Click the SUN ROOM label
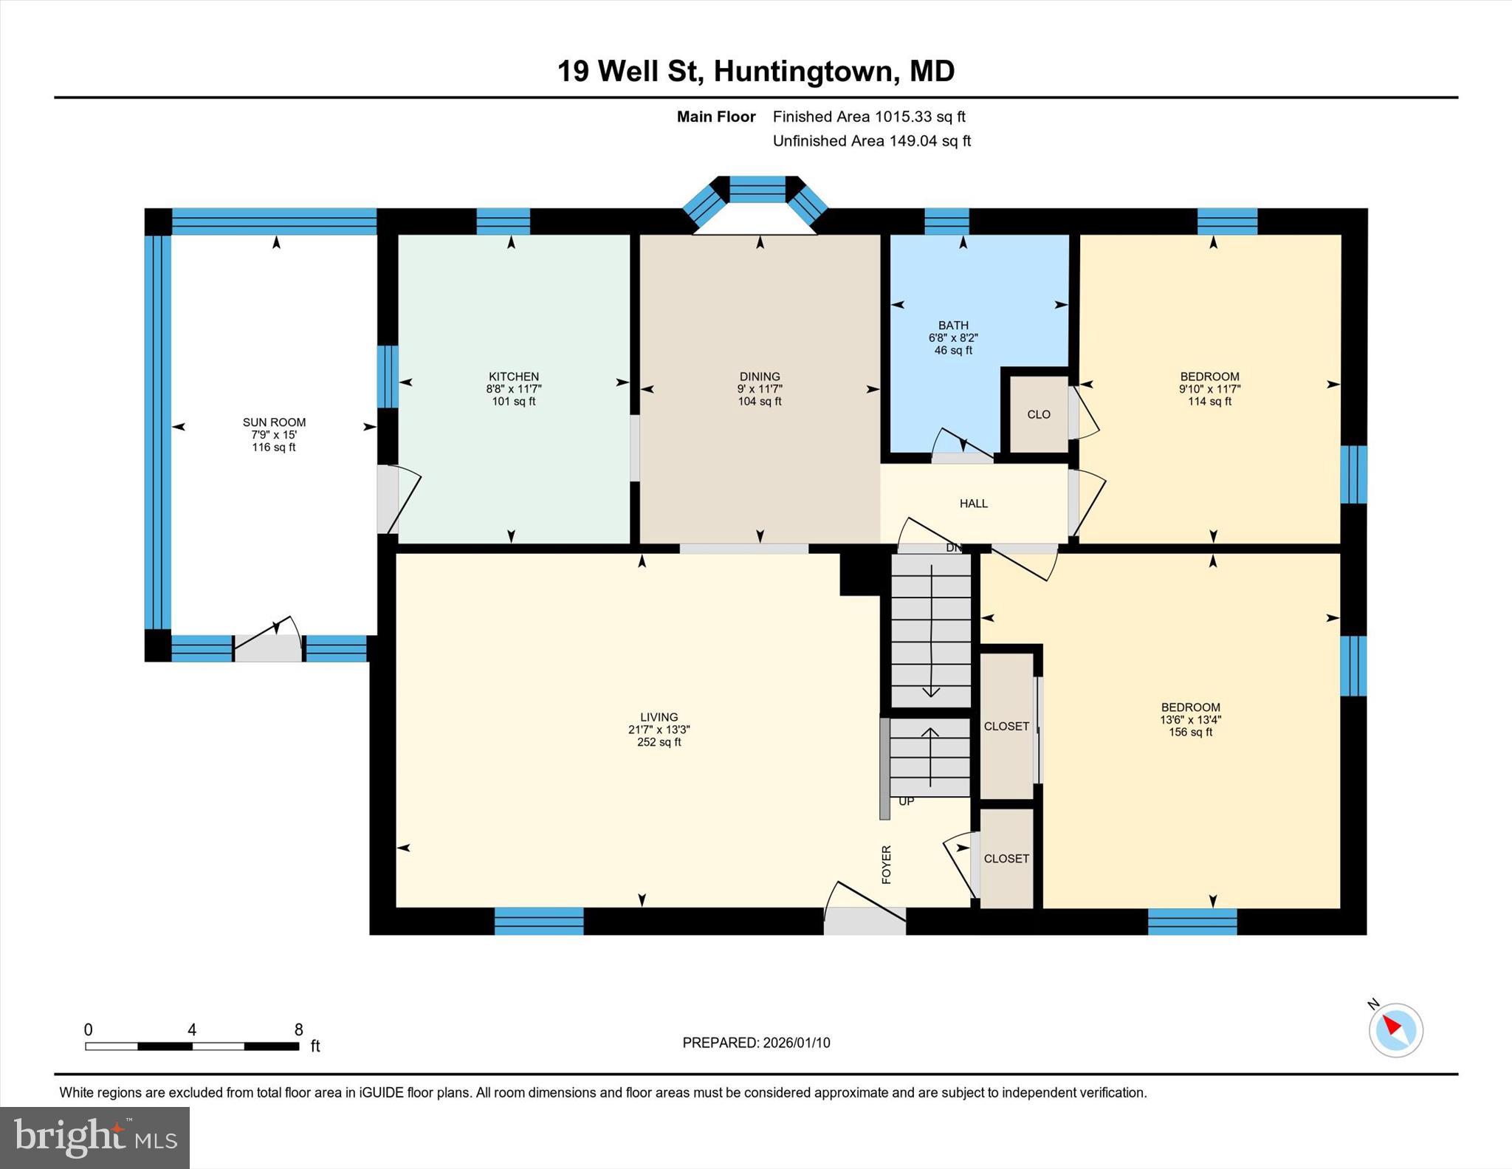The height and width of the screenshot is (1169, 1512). pos(274,422)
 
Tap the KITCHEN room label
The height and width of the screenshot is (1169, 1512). pos(514,377)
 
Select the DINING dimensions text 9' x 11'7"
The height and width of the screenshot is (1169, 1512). pos(760,389)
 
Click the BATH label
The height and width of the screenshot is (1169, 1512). pos(953,325)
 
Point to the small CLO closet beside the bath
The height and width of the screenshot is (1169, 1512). pos(1038,414)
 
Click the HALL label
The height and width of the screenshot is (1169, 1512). pos(973,504)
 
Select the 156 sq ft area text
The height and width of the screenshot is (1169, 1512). pos(1190,733)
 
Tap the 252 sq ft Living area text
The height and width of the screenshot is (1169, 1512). pos(659,742)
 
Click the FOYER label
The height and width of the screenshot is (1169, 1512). pos(887,864)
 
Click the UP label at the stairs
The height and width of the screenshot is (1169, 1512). pos(906,801)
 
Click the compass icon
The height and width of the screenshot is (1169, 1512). pos(1395,1029)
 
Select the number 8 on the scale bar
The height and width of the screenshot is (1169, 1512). pos(298,1029)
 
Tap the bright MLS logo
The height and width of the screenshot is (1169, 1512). pos(94,1137)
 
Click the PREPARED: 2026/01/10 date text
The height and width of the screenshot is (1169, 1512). pos(756,1043)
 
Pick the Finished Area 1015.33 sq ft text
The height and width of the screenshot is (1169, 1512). pos(868,117)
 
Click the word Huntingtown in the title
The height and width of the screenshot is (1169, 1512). pos(804,72)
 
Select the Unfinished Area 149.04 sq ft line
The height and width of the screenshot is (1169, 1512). pos(871,141)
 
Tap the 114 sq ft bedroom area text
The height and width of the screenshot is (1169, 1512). pos(1209,402)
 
